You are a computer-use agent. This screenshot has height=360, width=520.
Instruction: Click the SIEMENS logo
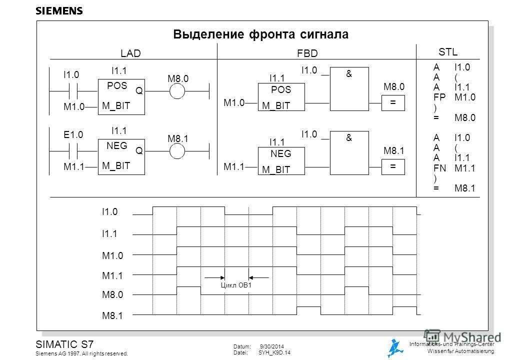click(59, 11)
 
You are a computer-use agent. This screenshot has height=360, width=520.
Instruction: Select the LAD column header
click(131, 53)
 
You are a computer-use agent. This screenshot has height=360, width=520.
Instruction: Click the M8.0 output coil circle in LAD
click(177, 91)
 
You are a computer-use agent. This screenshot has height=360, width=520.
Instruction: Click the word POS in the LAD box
click(117, 85)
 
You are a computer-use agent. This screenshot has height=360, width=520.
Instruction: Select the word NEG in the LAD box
click(117, 145)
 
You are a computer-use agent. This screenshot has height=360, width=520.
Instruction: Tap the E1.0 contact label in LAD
click(72, 134)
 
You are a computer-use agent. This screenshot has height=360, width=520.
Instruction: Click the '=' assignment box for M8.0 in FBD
click(392, 101)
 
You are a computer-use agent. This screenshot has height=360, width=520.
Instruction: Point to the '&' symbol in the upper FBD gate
click(349, 74)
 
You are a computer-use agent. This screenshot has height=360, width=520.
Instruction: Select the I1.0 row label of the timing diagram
click(111, 212)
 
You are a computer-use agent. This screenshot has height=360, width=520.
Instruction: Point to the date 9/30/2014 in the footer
click(273, 346)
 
